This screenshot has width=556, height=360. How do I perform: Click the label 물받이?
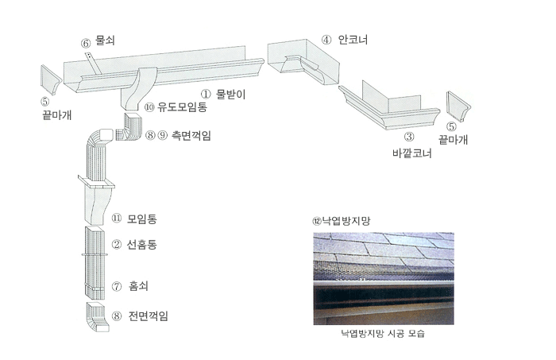coord(231,95)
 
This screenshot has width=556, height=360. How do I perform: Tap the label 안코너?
coord(353,40)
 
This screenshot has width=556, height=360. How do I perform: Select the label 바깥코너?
coord(412,153)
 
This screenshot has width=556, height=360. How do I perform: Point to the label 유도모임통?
coord(182,106)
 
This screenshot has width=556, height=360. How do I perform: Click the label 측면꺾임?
coord(191,135)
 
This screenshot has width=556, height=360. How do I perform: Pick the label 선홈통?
coord(142,245)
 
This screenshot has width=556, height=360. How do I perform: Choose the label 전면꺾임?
coord(149,315)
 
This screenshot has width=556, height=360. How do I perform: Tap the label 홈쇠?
coord(138,286)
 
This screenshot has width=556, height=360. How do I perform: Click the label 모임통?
coord(142,219)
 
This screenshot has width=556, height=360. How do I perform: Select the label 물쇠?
coord(106,40)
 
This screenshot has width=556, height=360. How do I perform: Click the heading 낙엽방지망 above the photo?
coord(346,221)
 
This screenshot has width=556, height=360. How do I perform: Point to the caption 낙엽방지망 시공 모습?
coord(383,334)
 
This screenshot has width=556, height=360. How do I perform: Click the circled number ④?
coord(326,40)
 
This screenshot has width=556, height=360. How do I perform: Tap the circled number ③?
coord(409,137)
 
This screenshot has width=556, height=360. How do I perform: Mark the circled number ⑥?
coord(86,43)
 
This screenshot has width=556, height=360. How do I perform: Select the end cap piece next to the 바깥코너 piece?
coord(458,105)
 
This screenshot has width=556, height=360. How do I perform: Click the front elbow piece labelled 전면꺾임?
coord(97,317)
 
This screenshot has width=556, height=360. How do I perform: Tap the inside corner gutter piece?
coord(303,61)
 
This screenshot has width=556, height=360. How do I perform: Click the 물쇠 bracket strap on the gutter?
coord(94,64)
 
